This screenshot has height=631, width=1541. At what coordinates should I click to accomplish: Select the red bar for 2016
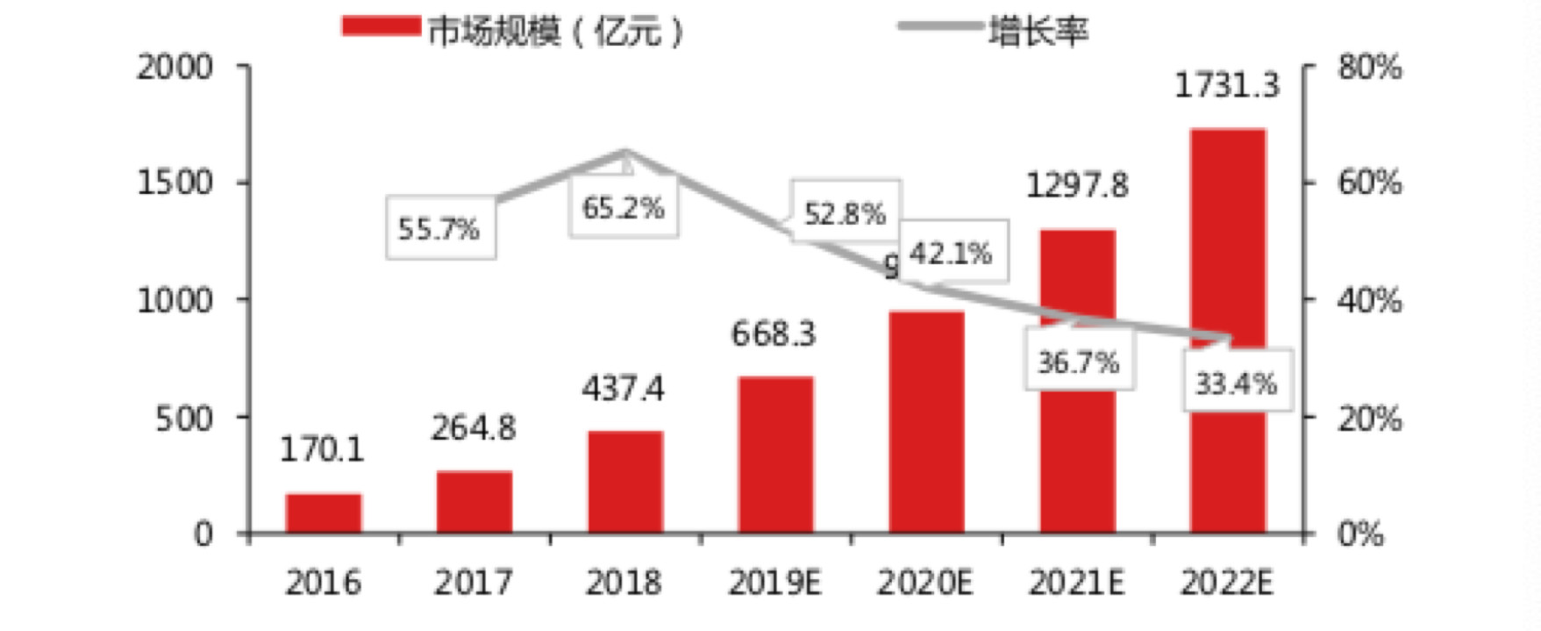pyautogui.click(x=323, y=513)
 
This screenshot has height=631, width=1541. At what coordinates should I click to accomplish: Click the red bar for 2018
pyautogui.click(x=624, y=482)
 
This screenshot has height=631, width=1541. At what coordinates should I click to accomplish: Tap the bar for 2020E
pyautogui.click(x=926, y=422)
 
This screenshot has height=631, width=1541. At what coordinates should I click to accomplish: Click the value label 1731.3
pyautogui.click(x=1226, y=85)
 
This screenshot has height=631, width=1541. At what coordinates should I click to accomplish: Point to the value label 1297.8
pyautogui.click(x=1076, y=185)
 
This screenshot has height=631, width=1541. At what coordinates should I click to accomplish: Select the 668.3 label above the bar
pyautogui.click(x=774, y=333)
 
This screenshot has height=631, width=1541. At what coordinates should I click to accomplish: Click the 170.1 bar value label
pyautogui.click(x=321, y=449)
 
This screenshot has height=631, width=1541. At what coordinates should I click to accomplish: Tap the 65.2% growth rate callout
pyautogui.click(x=624, y=208)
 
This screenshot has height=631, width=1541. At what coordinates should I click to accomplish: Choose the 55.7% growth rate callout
pyautogui.click(x=439, y=229)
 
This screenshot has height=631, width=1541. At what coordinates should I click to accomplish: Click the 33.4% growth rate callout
pyautogui.click(x=1236, y=383)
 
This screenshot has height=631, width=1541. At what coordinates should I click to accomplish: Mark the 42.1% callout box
pyautogui.click(x=951, y=254)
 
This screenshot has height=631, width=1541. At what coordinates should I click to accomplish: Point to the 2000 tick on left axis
pyautogui.click(x=175, y=67)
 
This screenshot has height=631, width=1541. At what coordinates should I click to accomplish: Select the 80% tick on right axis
pyautogui.click(x=1369, y=67)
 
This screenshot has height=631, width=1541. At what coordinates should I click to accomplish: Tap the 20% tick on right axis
pyautogui.click(x=1369, y=418)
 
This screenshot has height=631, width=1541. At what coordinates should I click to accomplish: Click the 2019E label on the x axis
pyautogui.click(x=774, y=582)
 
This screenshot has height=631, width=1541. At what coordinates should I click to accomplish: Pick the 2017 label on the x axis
pyautogui.click(x=473, y=582)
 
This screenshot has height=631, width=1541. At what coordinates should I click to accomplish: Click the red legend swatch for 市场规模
pyautogui.click(x=381, y=27)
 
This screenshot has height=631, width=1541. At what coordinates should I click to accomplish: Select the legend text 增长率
pyautogui.click(x=1038, y=31)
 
